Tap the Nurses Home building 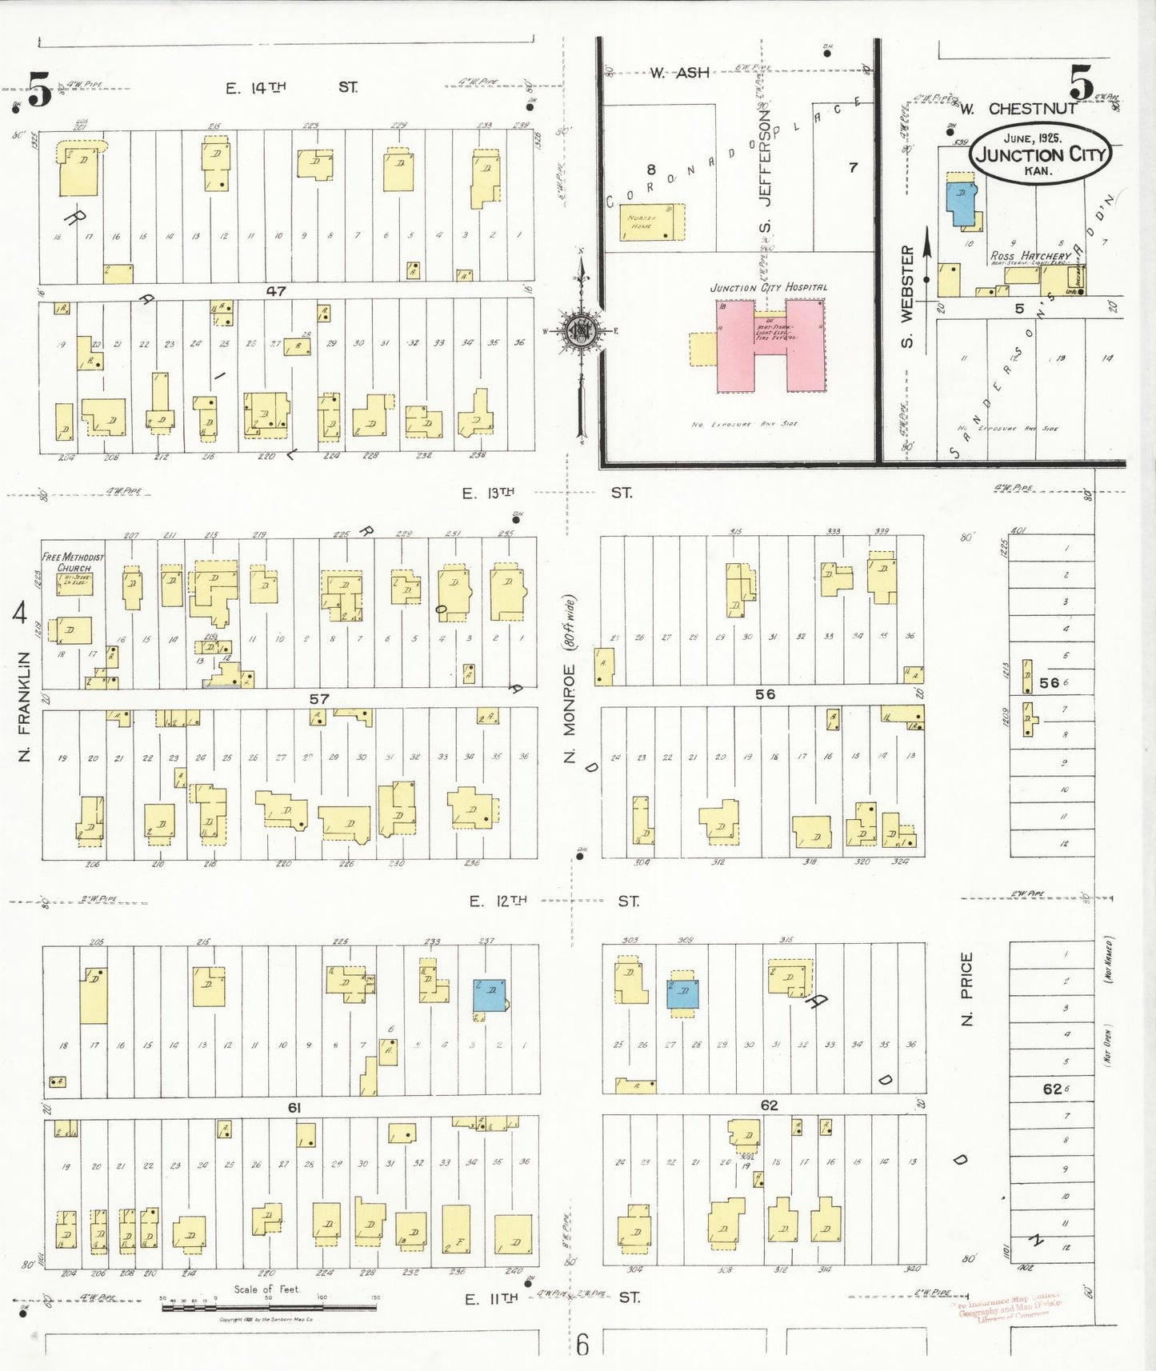[x=653, y=222]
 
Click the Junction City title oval [x=1039, y=154]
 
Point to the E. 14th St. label [x=291, y=87]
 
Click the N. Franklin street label [x=24, y=706]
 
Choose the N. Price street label [x=966, y=989]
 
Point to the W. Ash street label [x=679, y=73]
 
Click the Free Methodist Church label [x=73, y=562]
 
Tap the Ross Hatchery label [x=1030, y=256]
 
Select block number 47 [x=276, y=292]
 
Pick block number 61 [x=294, y=1108]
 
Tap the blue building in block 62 [x=683, y=993]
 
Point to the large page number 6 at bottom [x=582, y=1345]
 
